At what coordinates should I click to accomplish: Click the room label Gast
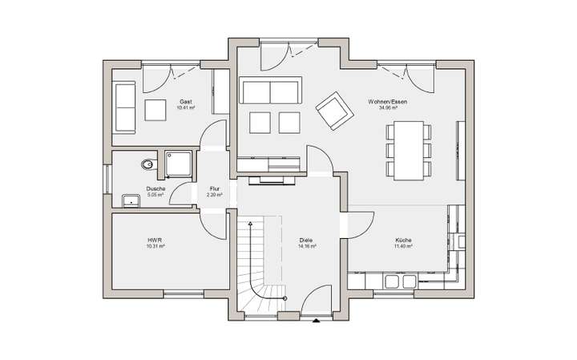click(x=186, y=102)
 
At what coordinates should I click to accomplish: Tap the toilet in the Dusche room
click(x=146, y=164)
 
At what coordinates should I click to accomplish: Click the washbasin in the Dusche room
click(x=130, y=199)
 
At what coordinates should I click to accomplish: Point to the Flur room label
click(x=214, y=189)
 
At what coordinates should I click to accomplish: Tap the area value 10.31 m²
click(x=155, y=247)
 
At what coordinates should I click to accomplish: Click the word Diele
click(x=306, y=241)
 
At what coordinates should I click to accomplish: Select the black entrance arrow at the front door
click(x=317, y=322)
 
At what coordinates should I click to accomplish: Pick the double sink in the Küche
click(x=399, y=281)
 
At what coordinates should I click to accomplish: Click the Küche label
click(x=403, y=241)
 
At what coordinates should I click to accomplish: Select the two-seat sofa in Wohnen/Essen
click(x=271, y=91)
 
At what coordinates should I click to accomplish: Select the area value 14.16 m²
click(x=306, y=247)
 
